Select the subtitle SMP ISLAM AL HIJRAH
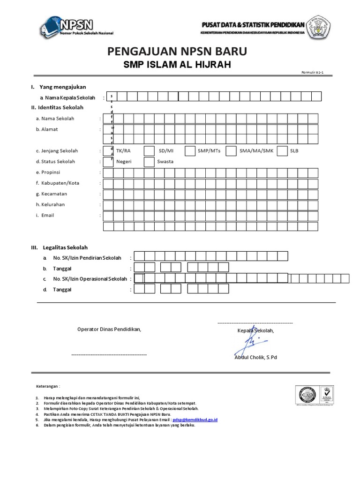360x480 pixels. [x=177, y=65]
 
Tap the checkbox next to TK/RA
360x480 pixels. [x=108, y=151]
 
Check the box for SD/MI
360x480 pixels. [x=149, y=151]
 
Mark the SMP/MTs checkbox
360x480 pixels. [x=190, y=151]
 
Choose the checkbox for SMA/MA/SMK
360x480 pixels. [x=230, y=151]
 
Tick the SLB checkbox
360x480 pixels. [x=282, y=151]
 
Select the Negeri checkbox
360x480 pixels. [x=108, y=162]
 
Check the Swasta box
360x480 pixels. [x=149, y=162]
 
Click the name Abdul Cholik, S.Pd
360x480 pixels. [x=255, y=357]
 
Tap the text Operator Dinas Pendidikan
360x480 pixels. [x=109, y=329]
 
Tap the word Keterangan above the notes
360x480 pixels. [x=48, y=386]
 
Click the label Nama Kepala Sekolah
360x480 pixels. [x=70, y=97]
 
